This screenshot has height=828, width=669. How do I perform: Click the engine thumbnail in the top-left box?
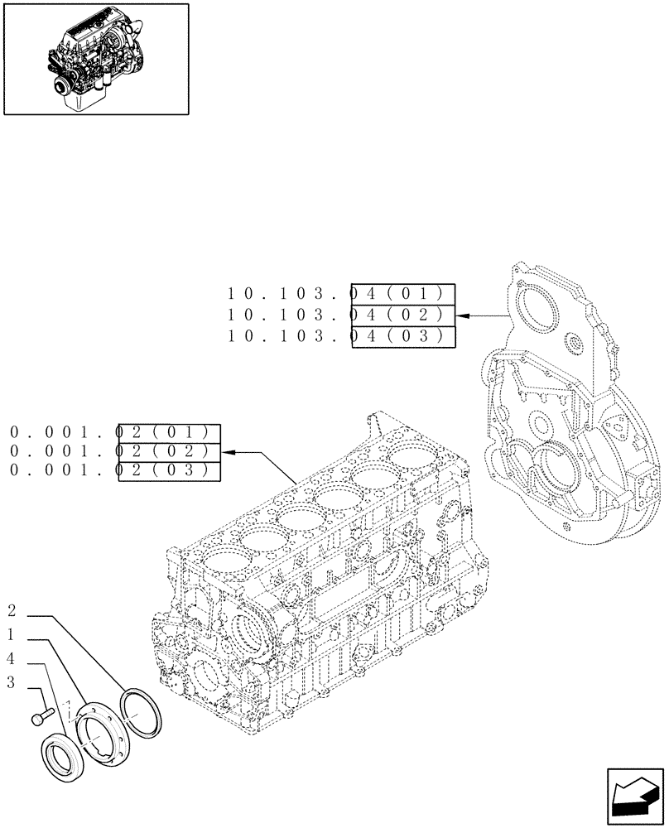point(95,59)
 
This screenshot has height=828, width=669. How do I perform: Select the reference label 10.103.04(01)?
point(340,294)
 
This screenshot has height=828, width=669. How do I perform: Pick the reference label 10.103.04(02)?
point(340,315)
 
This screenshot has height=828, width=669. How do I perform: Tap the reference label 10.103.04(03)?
point(340,336)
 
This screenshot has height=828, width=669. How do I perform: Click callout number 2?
point(12,612)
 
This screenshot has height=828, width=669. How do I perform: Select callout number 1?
point(12,635)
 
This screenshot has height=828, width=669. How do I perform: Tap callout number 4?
point(12,659)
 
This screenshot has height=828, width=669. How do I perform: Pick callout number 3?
point(12,683)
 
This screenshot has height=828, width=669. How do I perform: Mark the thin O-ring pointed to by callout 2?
point(141,712)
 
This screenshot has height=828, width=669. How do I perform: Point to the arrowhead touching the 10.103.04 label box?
point(461,315)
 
